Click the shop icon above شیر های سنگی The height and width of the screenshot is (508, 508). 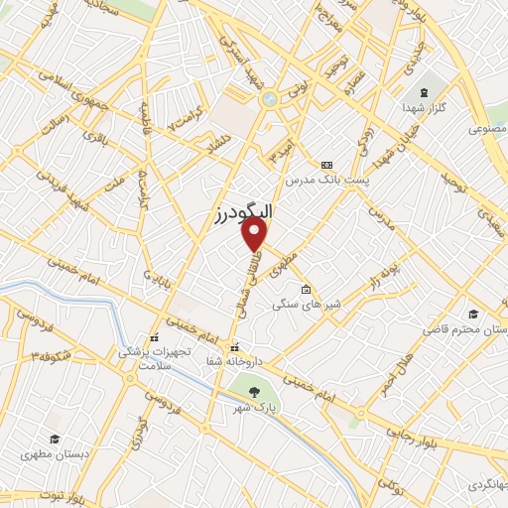(306, 289)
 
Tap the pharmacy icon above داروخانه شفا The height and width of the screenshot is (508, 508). (235, 347)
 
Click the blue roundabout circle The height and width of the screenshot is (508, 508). (268, 98)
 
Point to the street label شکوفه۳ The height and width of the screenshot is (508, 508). (50, 353)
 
